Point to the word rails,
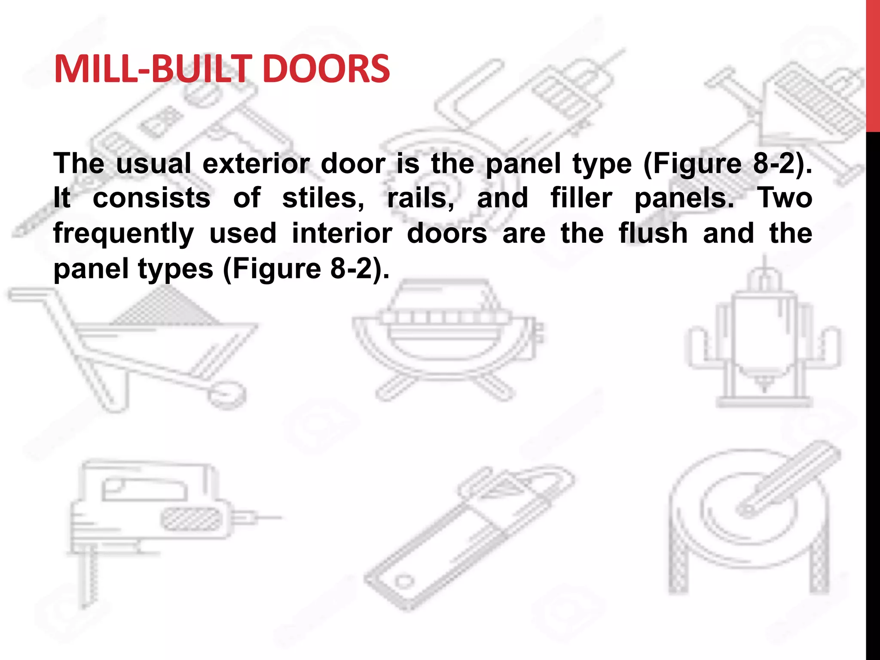(x=421, y=198)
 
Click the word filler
(x=581, y=198)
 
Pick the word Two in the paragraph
(x=784, y=198)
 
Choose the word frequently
(x=124, y=234)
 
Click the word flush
(x=653, y=233)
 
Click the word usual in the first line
(x=153, y=164)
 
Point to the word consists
(x=152, y=198)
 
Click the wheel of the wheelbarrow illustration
(x=227, y=394)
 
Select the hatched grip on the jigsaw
(x=192, y=519)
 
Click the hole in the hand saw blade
(x=404, y=582)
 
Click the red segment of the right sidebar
(x=873, y=64)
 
